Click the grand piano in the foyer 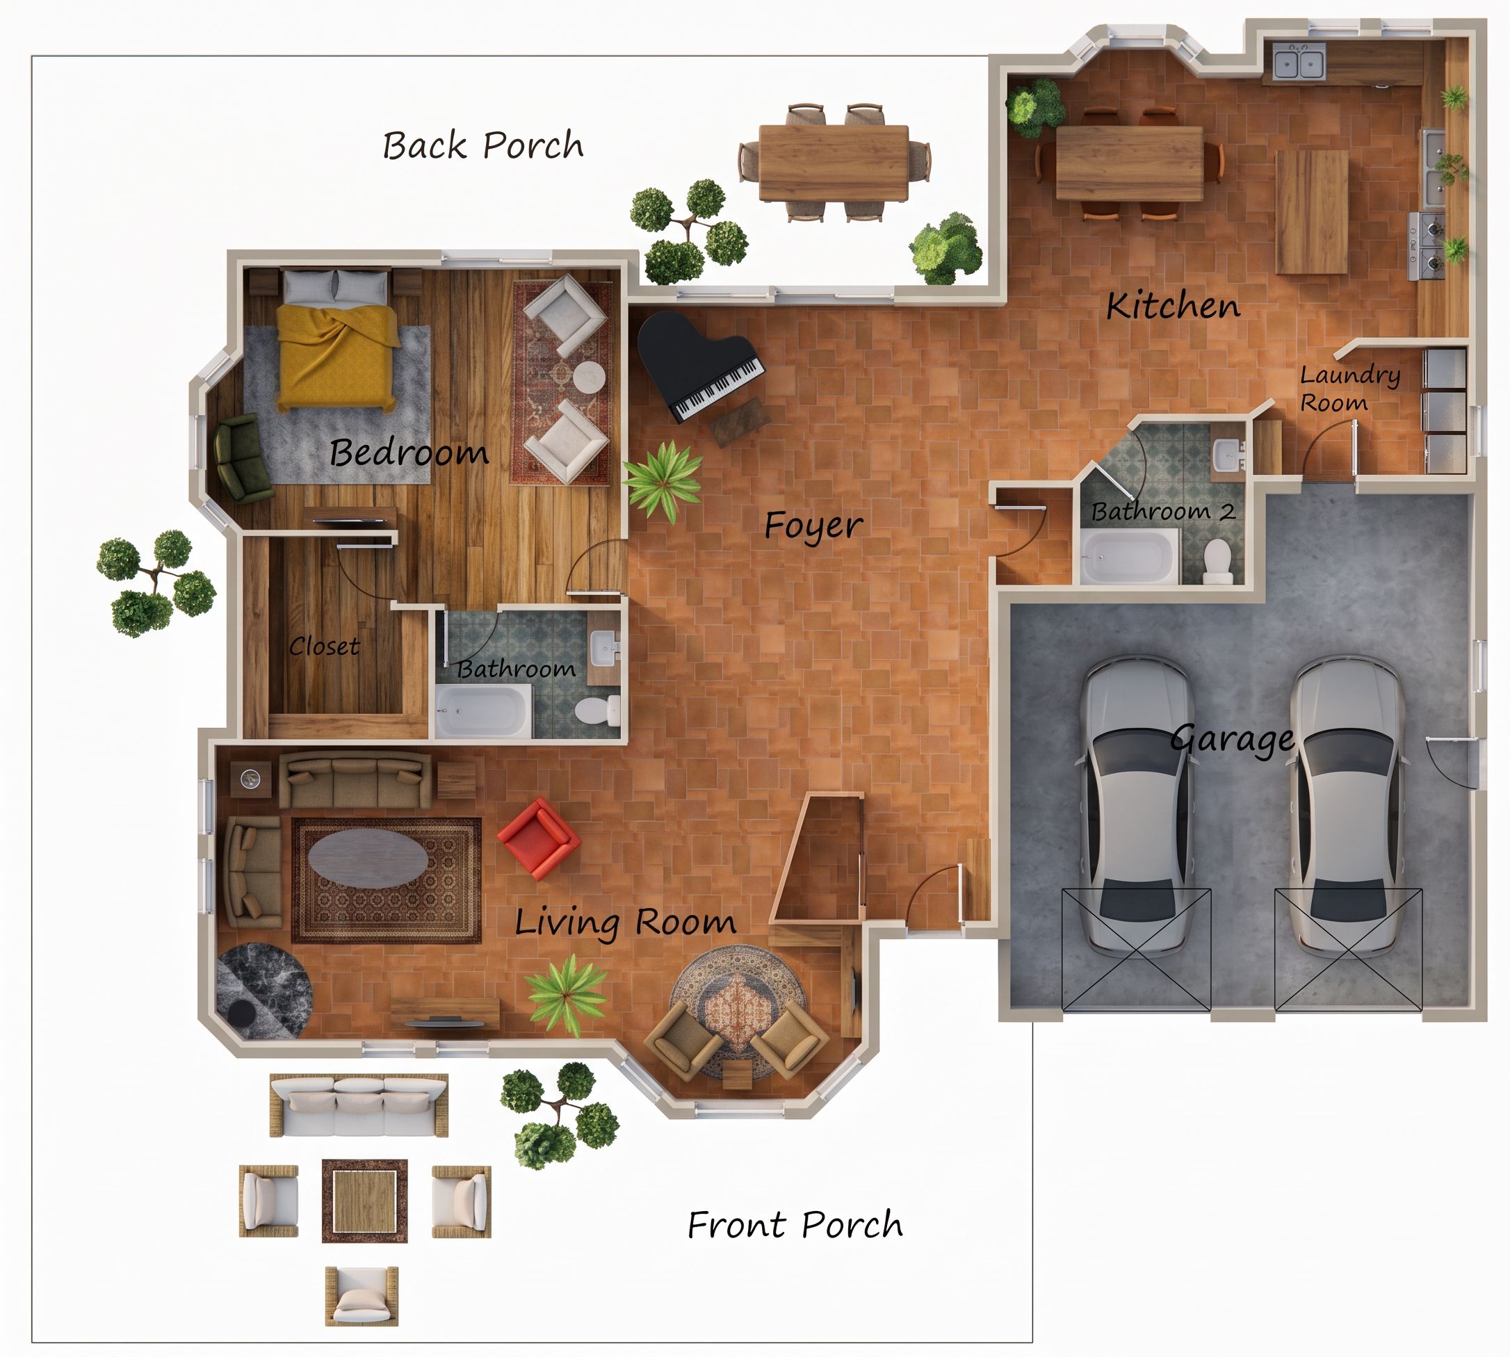click(x=697, y=366)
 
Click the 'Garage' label click(x=1232, y=740)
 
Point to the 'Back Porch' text click(x=483, y=145)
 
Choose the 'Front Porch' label click(x=795, y=1225)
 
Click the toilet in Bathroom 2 click(x=1217, y=562)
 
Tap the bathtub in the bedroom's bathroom click(x=484, y=711)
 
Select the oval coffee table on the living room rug click(x=368, y=857)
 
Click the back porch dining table click(x=834, y=163)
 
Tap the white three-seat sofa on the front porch click(x=359, y=1105)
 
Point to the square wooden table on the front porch click(x=364, y=1201)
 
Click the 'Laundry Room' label click(x=1349, y=389)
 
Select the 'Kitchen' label click(x=1173, y=306)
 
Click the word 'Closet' click(x=325, y=646)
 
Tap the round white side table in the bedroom click(x=589, y=377)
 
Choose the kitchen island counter click(x=1313, y=212)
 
